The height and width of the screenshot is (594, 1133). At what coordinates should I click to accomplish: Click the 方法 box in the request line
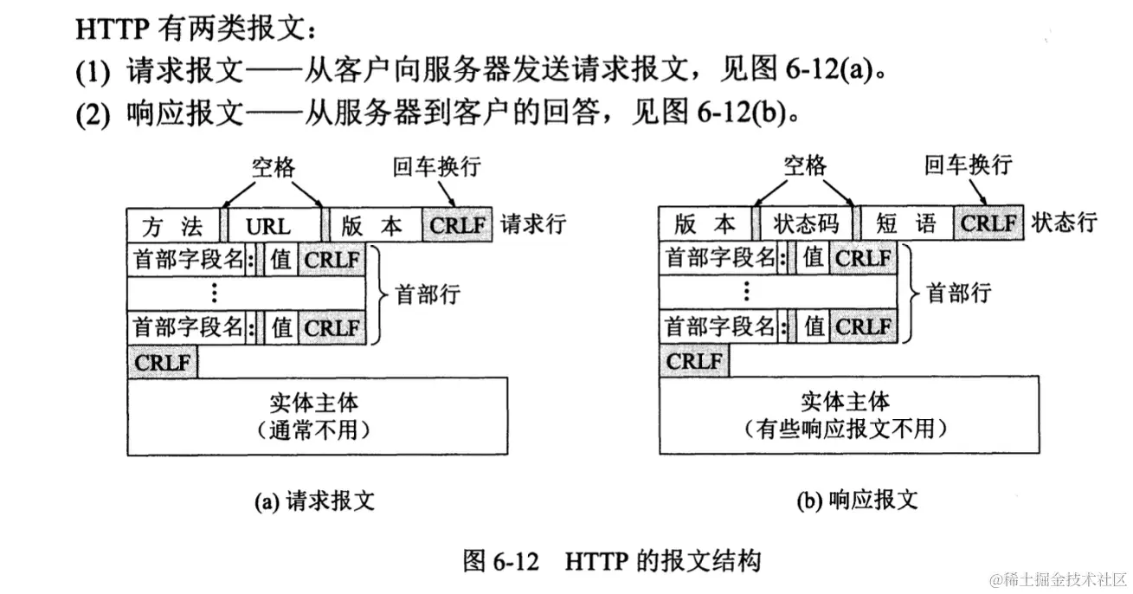point(172,225)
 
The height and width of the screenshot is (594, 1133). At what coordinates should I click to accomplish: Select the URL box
point(268,225)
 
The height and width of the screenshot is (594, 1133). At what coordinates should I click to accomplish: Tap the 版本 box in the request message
point(372,225)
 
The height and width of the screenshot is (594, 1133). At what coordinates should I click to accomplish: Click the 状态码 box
point(805,223)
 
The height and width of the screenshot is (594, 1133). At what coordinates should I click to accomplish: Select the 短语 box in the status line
point(905,223)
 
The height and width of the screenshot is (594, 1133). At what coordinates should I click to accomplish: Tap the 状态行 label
point(1064,223)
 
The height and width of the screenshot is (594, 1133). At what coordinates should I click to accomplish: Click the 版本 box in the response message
point(705,223)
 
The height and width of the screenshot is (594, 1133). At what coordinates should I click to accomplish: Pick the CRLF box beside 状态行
point(989,223)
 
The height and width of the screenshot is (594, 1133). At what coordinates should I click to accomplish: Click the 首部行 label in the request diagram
point(428,294)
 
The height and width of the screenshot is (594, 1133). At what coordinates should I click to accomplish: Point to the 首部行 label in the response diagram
point(959,293)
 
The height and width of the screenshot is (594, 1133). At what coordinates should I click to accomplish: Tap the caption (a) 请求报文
point(315,500)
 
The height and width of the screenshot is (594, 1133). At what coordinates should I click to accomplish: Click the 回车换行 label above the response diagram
point(968,165)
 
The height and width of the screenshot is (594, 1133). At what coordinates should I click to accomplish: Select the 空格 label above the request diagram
point(274,166)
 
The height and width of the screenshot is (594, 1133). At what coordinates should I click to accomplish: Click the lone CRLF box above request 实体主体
point(163,362)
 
